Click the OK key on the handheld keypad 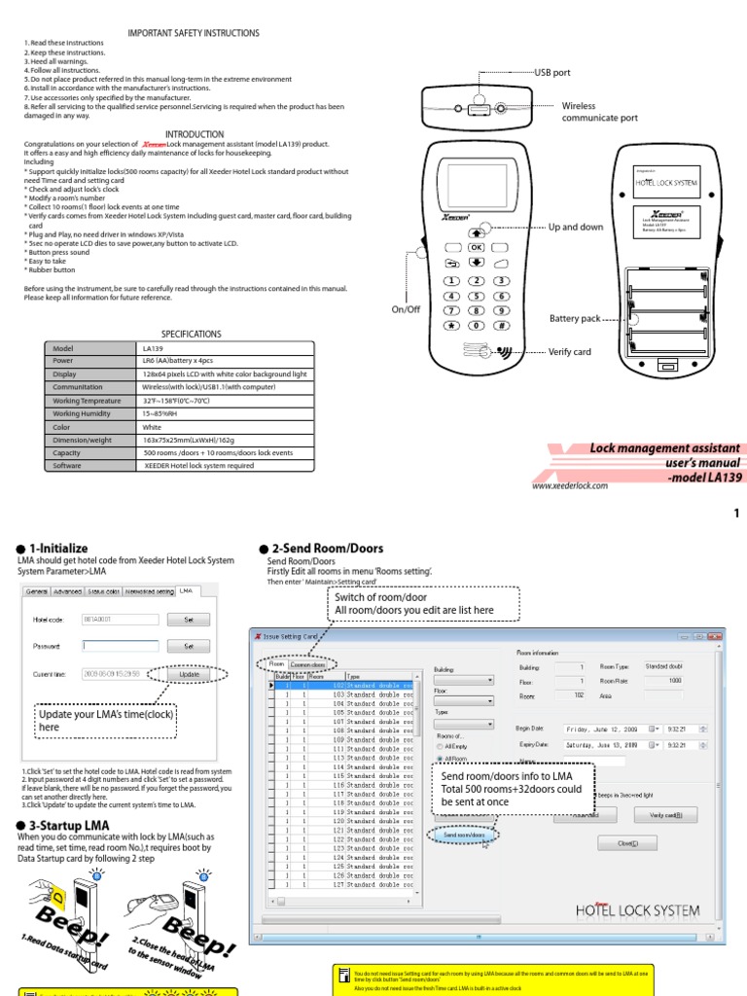(x=477, y=248)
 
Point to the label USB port (x=552, y=73)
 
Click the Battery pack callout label (x=575, y=318)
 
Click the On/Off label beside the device (x=406, y=308)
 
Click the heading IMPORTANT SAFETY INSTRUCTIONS (x=194, y=33)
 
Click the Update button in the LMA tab (x=189, y=673)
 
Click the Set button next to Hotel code (x=189, y=619)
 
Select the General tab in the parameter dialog (x=36, y=590)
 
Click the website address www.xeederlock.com (x=570, y=485)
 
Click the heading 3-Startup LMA (x=58, y=825)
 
